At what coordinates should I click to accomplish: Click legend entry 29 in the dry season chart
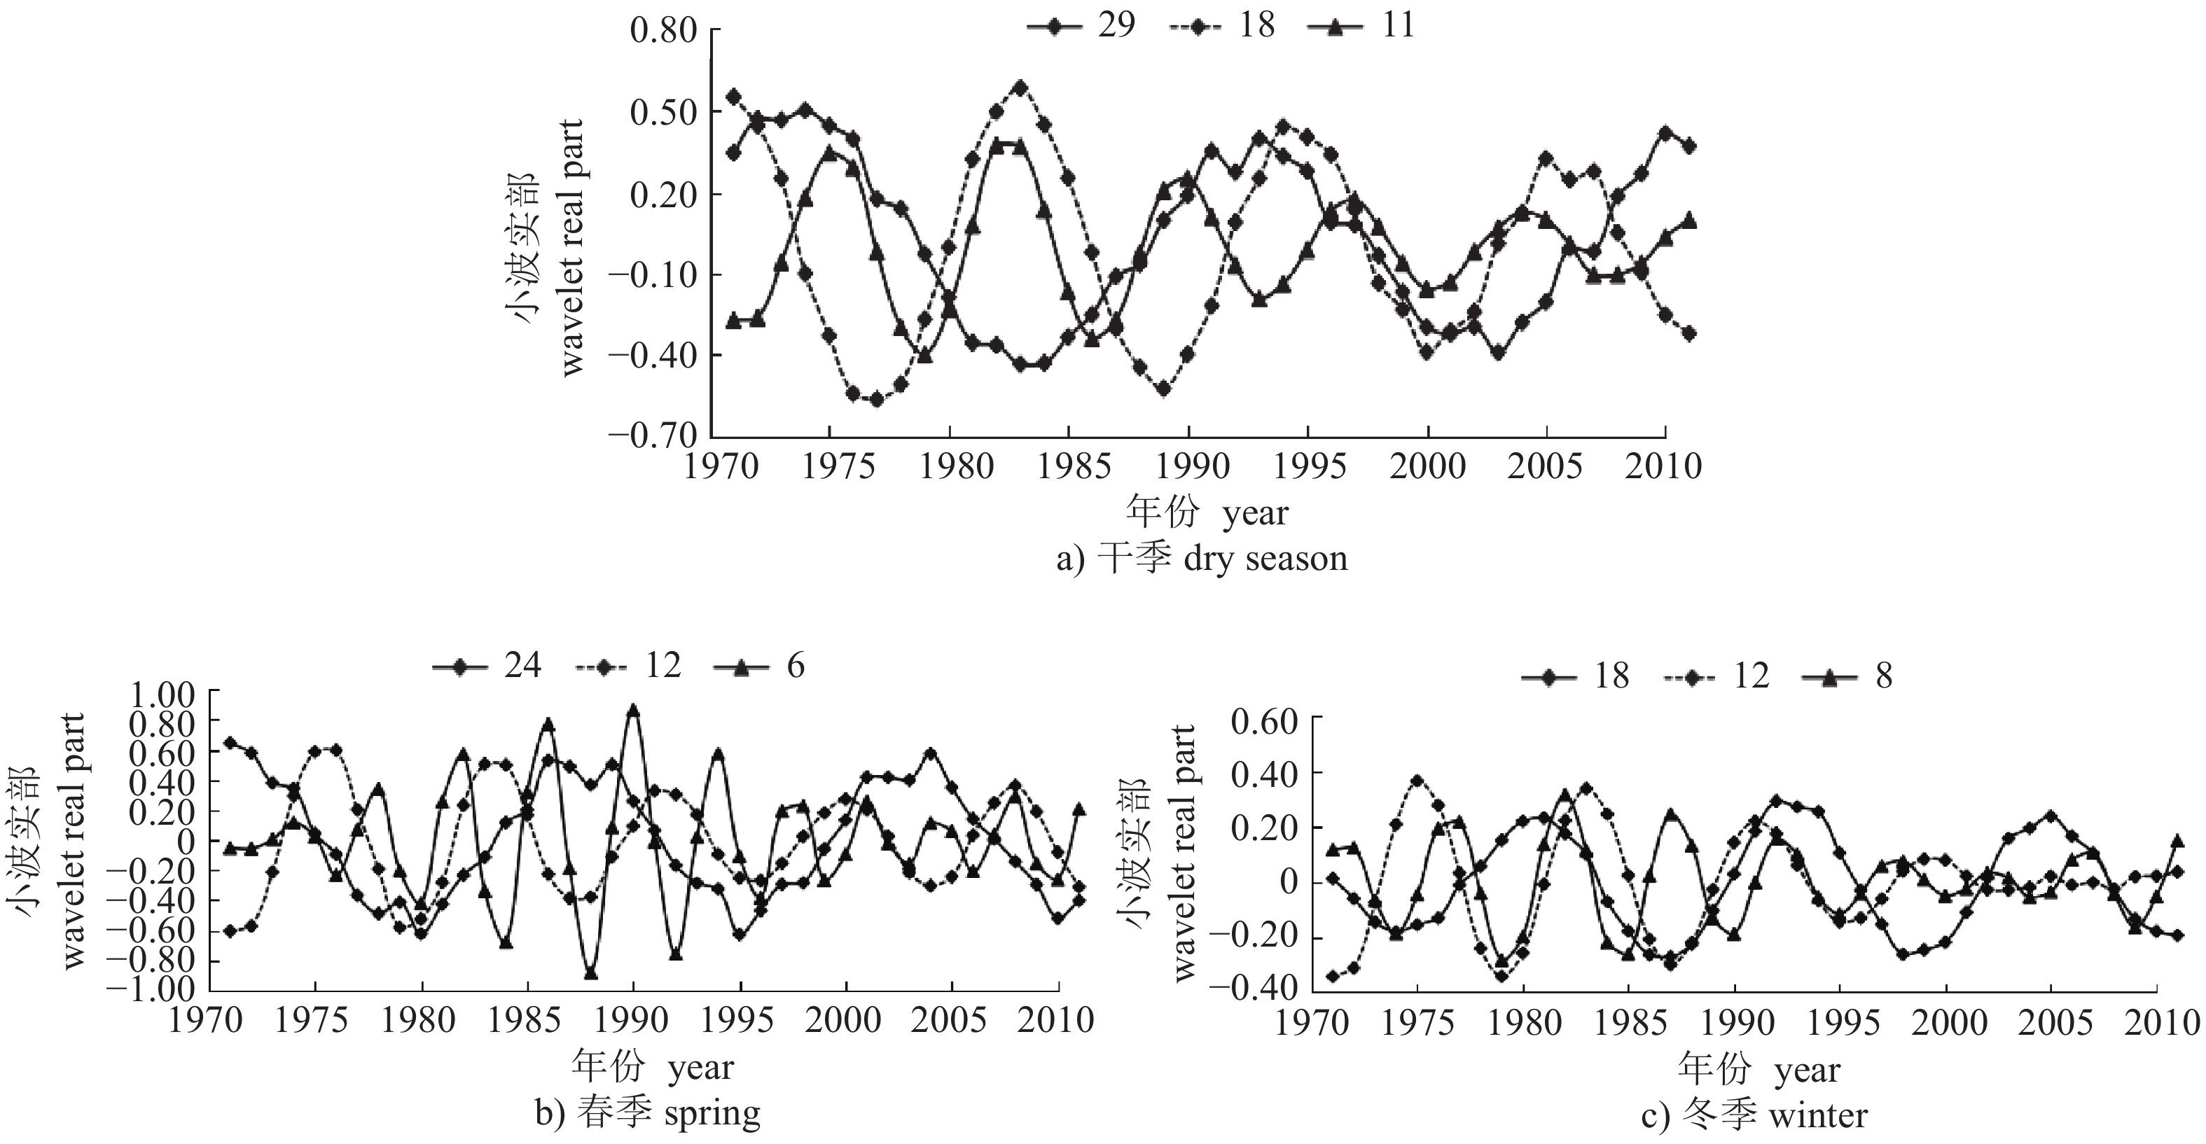[1081, 26]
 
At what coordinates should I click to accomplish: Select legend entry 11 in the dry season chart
[1361, 26]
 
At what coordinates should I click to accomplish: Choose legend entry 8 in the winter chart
[1846, 676]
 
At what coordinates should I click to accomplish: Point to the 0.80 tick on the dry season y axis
[664, 31]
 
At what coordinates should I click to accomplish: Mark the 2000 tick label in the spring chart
[845, 1021]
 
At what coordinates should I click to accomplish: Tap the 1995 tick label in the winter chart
[1841, 1024]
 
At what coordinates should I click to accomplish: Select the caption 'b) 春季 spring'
[647, 1113]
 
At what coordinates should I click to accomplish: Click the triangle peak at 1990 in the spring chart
[634, 710]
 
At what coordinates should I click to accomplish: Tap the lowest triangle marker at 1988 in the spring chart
[591, 974]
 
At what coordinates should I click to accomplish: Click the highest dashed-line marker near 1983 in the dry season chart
[1020, 88]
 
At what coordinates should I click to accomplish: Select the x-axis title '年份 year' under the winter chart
[1758, 1070]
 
